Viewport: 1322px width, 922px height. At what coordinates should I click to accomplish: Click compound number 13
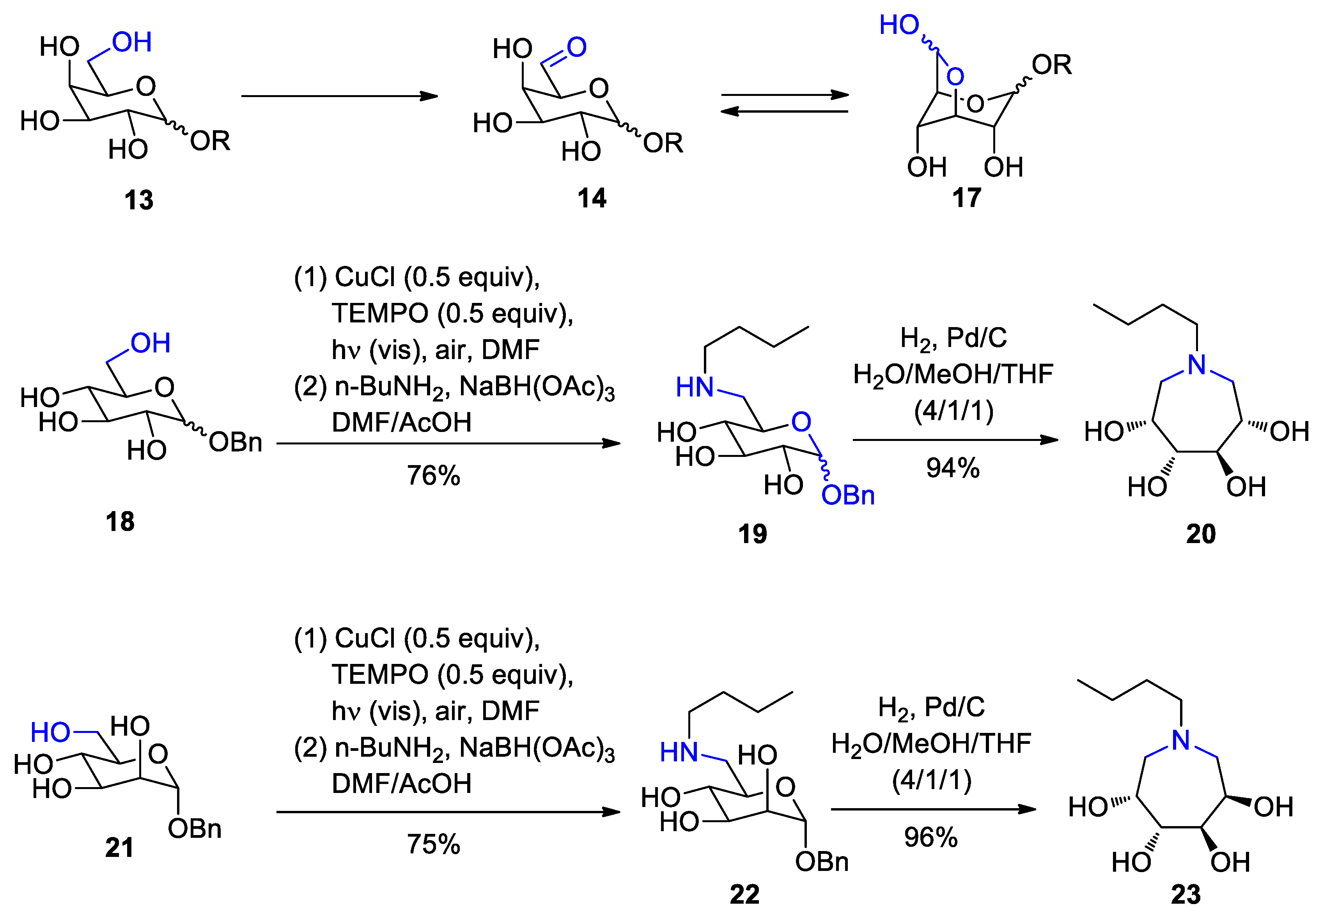click(x=139, y=200)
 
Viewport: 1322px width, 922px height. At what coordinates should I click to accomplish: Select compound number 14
click(x=592, y=198)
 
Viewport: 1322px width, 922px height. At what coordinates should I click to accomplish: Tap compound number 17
click(x=967, y=198)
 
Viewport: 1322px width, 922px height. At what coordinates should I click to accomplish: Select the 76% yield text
click(x=434, y=475)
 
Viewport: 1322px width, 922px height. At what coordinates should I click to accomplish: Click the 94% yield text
click(x=953, y=467)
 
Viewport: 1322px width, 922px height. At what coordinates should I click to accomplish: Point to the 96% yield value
click(x=931, y=837)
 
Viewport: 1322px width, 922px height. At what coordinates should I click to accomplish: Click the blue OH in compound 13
click(x=132, y=42)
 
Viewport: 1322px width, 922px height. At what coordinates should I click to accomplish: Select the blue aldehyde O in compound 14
click(x=577, y=47)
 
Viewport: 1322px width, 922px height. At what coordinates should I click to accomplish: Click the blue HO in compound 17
click(x=899, y=25)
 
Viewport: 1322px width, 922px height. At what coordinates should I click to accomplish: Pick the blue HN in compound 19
click(x=695, y=388)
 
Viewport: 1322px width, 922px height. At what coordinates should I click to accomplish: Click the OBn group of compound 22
click(x=822, y=862)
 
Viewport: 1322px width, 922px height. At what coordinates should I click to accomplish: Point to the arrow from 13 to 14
click(x=340, y=96)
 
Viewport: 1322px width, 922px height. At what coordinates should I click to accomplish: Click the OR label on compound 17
click(x=1051, y=65)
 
